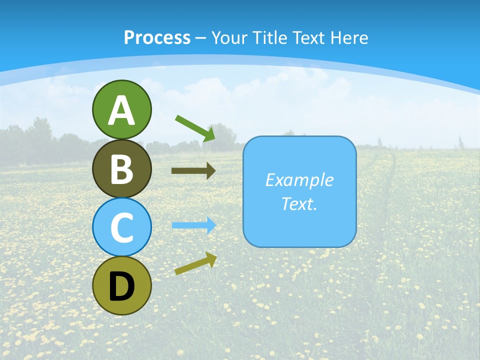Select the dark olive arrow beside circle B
pyautogui.click(x=193, y=171)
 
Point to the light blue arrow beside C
pyautogui.click(x=194, y=225)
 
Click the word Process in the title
pyautogui.click(x=157, y=37)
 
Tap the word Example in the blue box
pyautogui.click(x=299, y=180)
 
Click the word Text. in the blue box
pyautogui.click(x=299, y=203)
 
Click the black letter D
pyautogui.click(x=121, y=287)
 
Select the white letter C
pyautogui.click(x=121, y=227)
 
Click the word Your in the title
pyautogui.click(x=227, y=37)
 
